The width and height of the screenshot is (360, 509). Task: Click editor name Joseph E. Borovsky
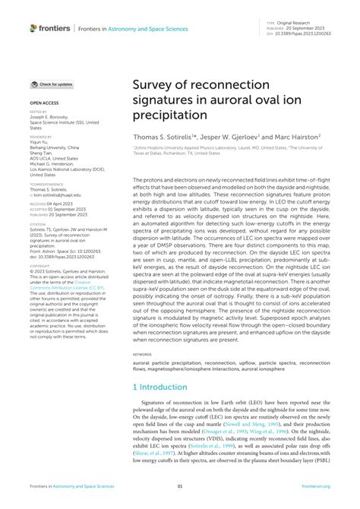pos(52,116)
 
